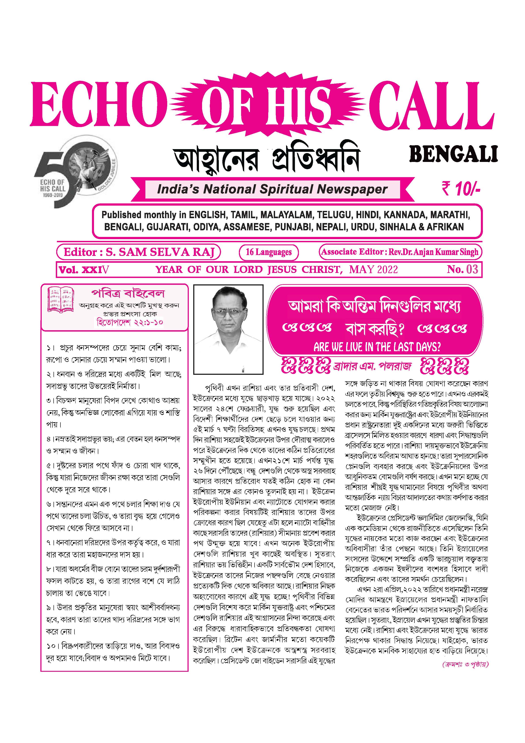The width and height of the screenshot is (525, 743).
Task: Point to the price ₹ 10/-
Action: (461, 189)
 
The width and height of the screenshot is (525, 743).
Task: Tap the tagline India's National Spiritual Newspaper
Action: (272, 189)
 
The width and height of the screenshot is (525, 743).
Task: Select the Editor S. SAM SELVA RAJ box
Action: (139, 252)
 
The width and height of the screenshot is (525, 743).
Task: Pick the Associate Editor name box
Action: (399, 252)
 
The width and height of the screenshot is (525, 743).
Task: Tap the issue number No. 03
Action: (462, 269)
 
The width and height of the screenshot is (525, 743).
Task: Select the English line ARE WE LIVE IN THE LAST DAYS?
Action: (377, 347)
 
